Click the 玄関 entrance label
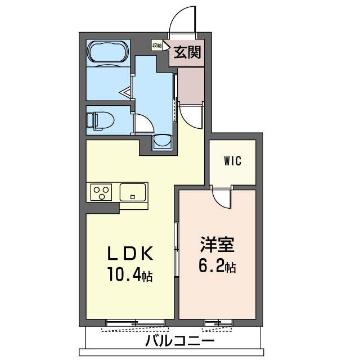point(187,52)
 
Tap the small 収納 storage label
point(157,46)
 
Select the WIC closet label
point(232,161)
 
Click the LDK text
point(130,253)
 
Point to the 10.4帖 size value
point(130,274)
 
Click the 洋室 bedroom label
point(217,245)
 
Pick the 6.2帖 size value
point(217,266)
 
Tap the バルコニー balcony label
point(180,340)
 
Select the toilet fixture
point(101,121)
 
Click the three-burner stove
point(101,192)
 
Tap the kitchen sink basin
point(133,192)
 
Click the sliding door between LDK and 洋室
point(176,250)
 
